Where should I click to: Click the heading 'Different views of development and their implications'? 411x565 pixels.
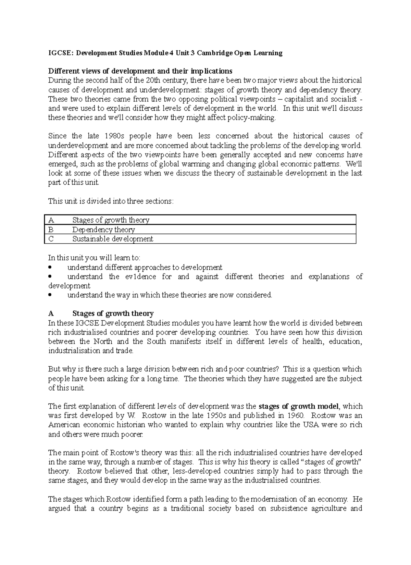(140, 71)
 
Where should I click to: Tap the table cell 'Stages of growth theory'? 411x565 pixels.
(111, 220)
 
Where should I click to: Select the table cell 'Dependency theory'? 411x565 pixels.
(103, 230)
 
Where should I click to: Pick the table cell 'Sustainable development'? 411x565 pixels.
(113, 239)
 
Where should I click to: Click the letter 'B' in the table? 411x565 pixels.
(51, 230)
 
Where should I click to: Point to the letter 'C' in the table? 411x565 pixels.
(51, 239)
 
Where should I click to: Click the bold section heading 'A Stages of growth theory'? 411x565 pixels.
(101, 314)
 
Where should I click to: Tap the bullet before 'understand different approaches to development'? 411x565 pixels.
(51, 267)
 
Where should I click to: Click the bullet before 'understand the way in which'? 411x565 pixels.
(51, 295)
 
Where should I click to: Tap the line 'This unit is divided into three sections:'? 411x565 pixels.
(111, 201)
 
